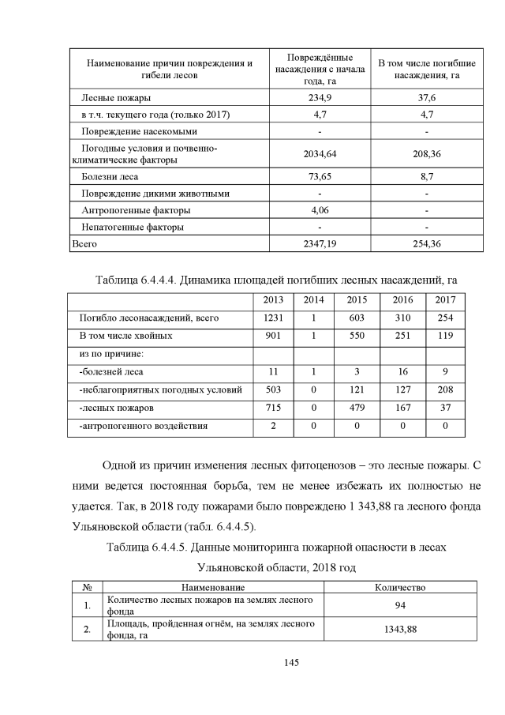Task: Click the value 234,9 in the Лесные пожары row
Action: [320, 97]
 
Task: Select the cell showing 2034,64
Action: [320, 154]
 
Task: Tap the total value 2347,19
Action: [320, 244]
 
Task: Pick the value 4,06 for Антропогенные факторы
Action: [320, 210]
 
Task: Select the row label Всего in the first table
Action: [84, 244]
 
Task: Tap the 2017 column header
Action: [445, 301]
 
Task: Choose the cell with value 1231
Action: [273, 318]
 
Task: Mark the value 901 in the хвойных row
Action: [273, 336]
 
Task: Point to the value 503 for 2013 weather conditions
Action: [273, 389]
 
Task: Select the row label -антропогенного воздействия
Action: [144, 426]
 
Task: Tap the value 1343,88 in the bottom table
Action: [400, 629]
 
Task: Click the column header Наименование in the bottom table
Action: [213, 587]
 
